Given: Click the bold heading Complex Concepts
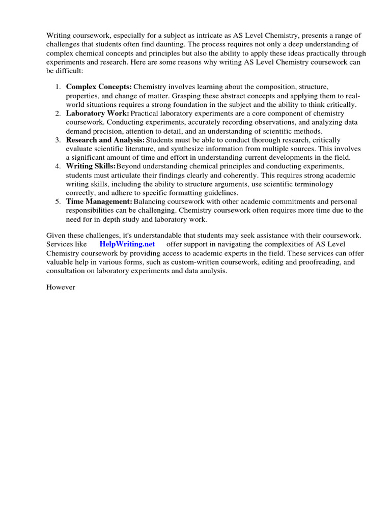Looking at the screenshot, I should pyautogui.click(x=99, y=87).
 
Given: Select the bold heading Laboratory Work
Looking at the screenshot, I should pyautogui.click(x=97, y=113).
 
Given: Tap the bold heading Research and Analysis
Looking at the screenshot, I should pyautogui.click(x=105, y=140).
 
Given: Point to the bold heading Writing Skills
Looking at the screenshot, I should pyautogui.click(x=91, y=166).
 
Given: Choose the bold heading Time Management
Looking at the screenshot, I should pyautogui.click(x=99, y=202).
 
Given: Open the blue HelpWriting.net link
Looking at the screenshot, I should pyautogui.click(x=127, y=244).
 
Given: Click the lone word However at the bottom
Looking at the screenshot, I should pyautogui.click(x=61, y=287).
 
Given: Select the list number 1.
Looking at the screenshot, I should pyautogui.click(x=58, y=87).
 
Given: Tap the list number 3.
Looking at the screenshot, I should pyautogui.click(x=58, y=140).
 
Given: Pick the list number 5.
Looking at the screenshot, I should pyautogui.click(x=58, y=202).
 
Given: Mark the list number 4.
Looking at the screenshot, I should pyautogui.click(x=58, y=166).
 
